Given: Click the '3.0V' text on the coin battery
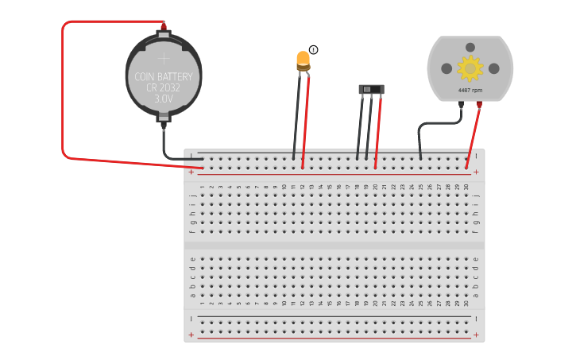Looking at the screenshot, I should (x=163, y=99).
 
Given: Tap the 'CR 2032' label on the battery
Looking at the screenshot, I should (x=163, y=88).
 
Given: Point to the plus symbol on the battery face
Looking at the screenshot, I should (x=164, y=58).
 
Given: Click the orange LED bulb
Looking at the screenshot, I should (x=303, y=60).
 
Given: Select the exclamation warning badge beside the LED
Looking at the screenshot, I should (x=314, y=50).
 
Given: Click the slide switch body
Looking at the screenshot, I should (x=371, y=89).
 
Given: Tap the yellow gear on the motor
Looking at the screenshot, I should (x=470, y=68).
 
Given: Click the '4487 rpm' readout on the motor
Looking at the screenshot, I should (x=470, y=91).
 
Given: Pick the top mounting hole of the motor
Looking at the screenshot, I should (x=470, y=48).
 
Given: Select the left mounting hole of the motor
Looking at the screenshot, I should (x=446, y=69).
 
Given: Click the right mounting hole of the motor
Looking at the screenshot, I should (x=494, y=69).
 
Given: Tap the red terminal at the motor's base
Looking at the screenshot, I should (x=479, y=104).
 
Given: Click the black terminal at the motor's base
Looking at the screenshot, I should (x=461, y=104).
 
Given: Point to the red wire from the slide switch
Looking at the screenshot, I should (x=378, y=131).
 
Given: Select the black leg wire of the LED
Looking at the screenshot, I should (x=297, y=119).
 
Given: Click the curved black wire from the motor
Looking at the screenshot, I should (x=433, y=124).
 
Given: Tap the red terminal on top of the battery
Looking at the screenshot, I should (x=164, y=25).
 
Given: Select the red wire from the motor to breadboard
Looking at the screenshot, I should (x=474, y=135).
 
